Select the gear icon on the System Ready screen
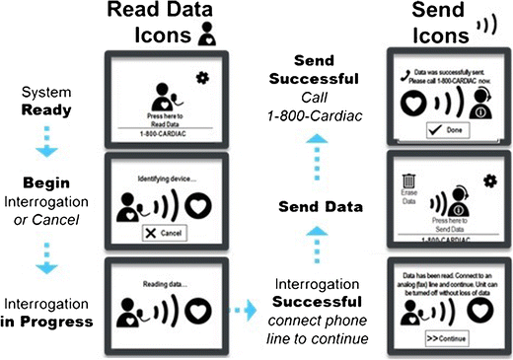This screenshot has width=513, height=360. [203, 75]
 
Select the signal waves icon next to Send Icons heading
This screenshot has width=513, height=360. [483, 21]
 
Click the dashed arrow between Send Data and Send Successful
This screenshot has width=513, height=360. [315, 161]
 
